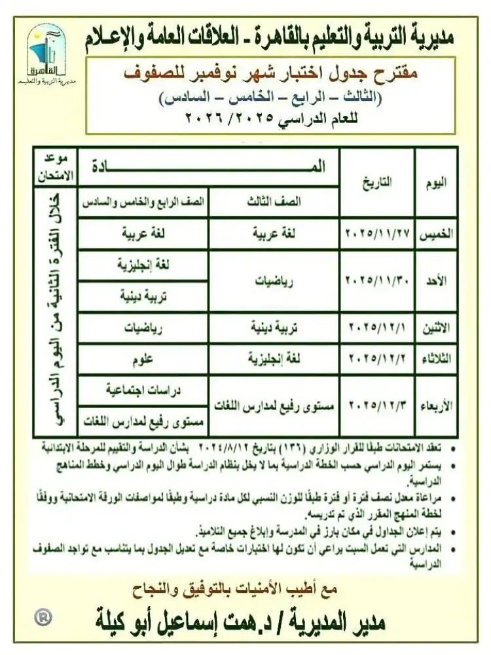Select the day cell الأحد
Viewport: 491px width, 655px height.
click(x=440, y=281)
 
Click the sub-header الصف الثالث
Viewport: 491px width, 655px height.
click(x=274, y=202)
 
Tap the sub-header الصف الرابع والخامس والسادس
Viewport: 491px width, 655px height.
click(x=143, y=202)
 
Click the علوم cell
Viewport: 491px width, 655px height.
click(x=143, y=359)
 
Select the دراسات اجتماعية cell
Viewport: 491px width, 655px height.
click(x=143, y=390)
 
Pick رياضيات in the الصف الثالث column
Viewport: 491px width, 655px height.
click(x=274, y=281)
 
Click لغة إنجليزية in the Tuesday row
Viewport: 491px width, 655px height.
click(x=274, y=359)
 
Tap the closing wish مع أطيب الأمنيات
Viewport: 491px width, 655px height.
click(x=247, y=588)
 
